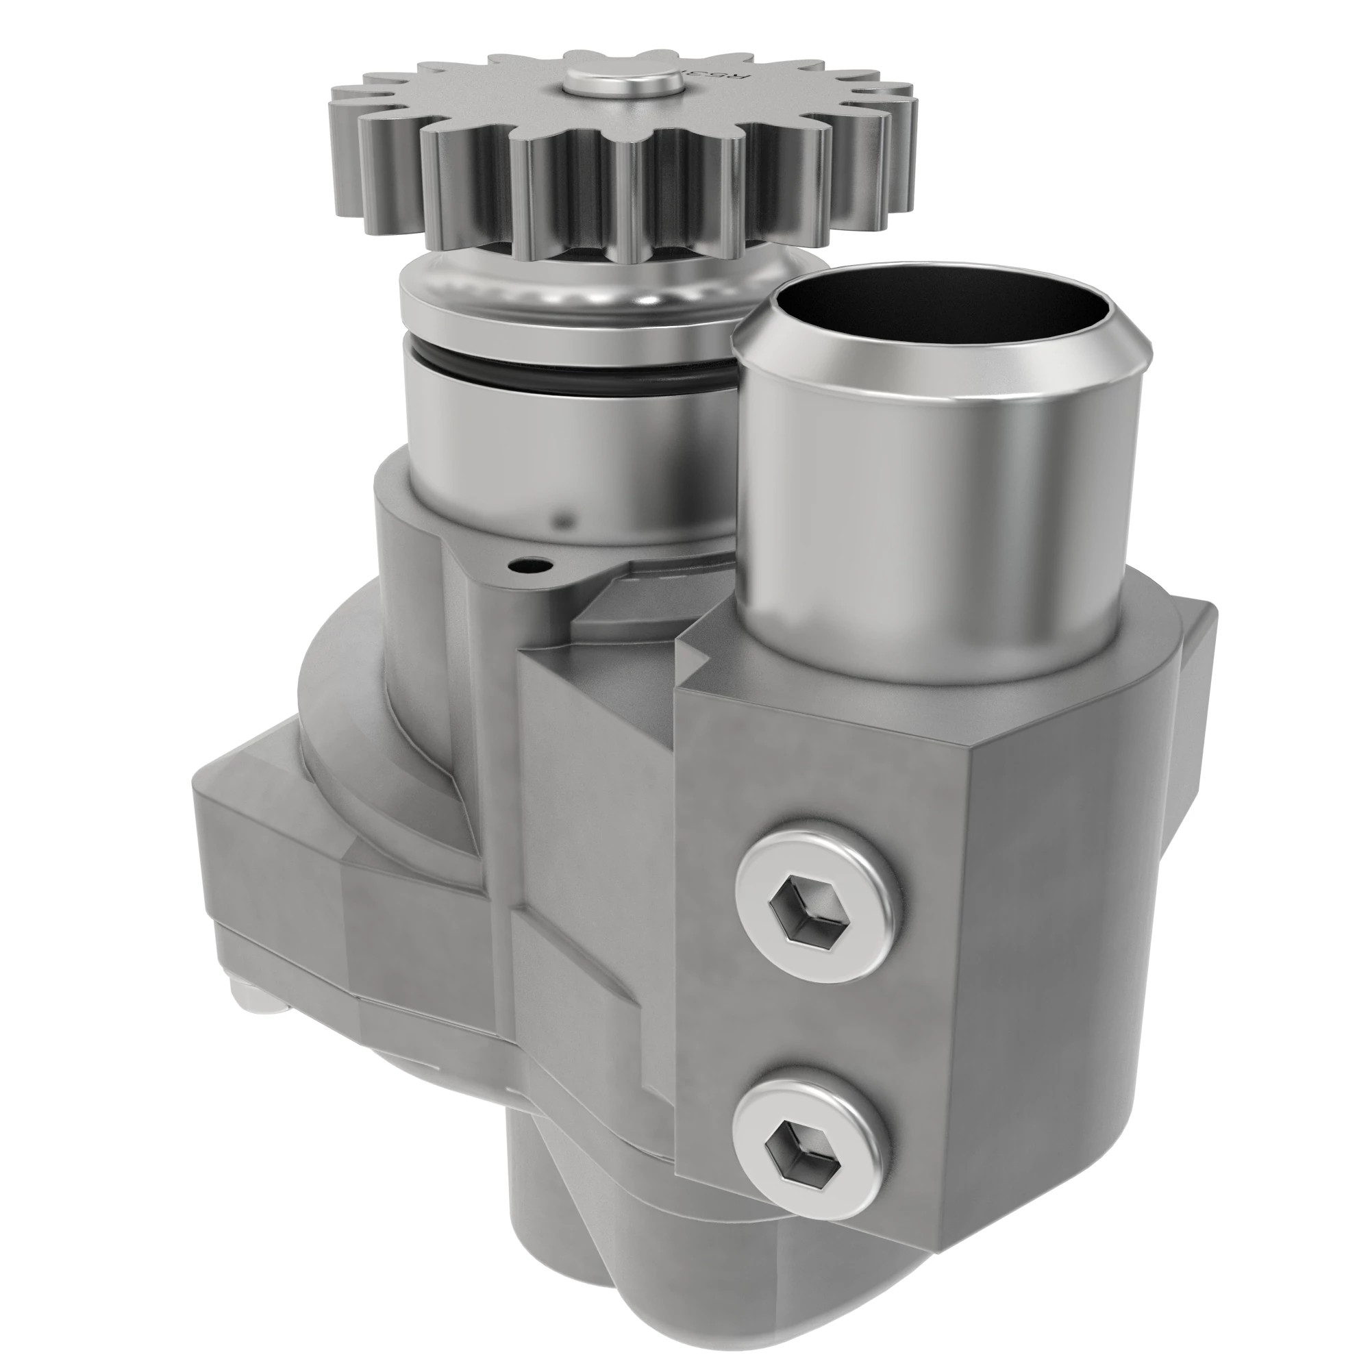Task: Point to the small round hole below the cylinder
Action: [527, 566]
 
